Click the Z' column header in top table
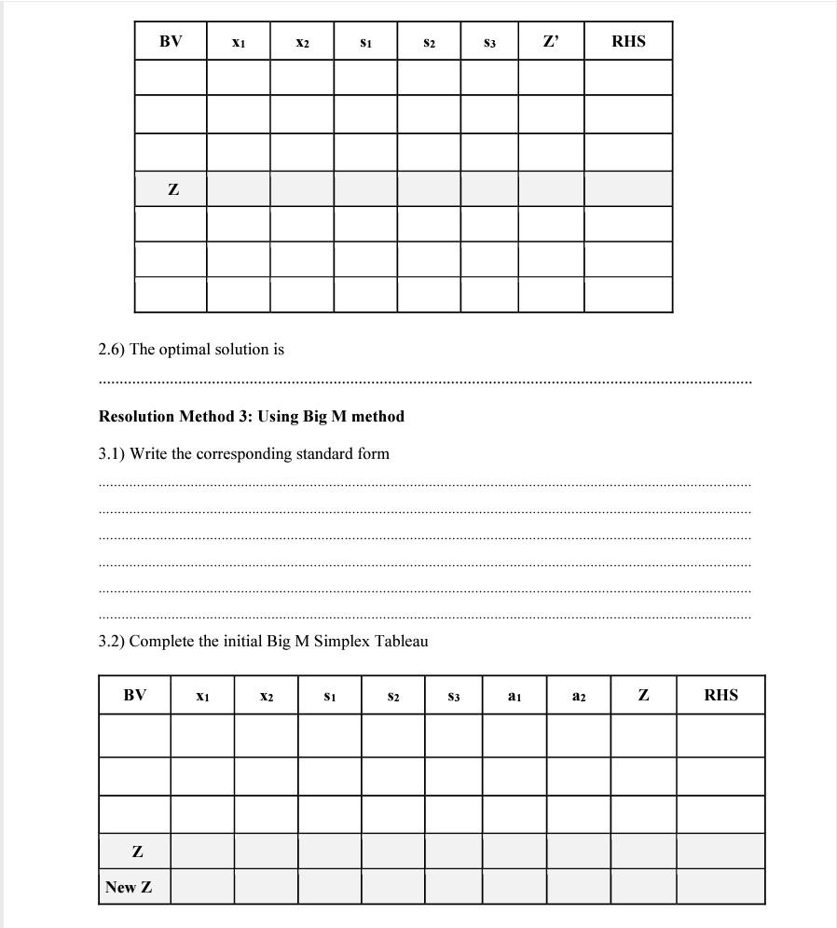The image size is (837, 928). click(551, 41)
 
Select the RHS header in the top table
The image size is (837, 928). click(628, 41)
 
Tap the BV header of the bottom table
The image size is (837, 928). click(134, 695)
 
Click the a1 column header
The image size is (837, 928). click(514, 696)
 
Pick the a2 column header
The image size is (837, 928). click(579, 696)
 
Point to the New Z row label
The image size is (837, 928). click(129, 887)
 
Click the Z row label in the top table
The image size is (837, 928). click(172, 189)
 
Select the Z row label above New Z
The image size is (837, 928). click(138, 852)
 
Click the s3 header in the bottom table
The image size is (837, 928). click(454, 696)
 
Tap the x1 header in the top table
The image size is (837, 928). click(239, 42)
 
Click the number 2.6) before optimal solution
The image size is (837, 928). click(112, 349)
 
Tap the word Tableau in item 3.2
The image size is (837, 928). click(401, 641)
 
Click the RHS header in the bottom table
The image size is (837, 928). click(720, 695)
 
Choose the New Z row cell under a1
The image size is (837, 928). click(514, 887)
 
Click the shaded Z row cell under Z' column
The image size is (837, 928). click(551, 189)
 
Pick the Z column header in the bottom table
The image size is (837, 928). click(643, 695)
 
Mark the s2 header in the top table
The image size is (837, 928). click(429, 42)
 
